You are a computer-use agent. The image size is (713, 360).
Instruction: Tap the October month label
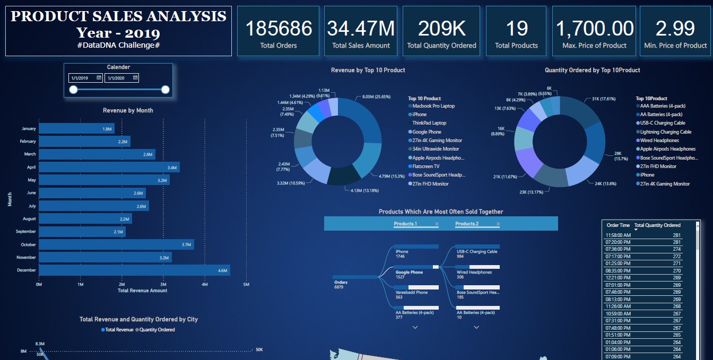pos(28,245)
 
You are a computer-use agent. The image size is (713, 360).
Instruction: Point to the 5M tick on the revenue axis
pos(246,285)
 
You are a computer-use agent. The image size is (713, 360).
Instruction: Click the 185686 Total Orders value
pos(279,28)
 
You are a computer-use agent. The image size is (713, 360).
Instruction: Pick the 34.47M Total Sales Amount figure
pos(361,28)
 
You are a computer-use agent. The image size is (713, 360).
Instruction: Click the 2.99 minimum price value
pos(675,28)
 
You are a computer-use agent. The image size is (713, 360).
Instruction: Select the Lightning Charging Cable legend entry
pos(665,132)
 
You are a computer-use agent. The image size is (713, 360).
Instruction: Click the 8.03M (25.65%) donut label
pos(376,97)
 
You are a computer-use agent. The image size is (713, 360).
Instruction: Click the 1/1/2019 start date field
pos(82,78)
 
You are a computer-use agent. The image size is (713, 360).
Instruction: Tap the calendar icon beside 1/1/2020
pos(135,77)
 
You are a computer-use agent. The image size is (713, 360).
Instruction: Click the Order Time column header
pos(618,225)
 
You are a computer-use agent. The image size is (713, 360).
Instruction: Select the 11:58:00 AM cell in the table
pos(618,235)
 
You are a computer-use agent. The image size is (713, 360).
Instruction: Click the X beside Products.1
pos(437,224)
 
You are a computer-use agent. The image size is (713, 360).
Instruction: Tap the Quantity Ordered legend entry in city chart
pos(158,330)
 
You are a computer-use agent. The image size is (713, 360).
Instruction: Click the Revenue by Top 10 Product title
pos(368,70)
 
